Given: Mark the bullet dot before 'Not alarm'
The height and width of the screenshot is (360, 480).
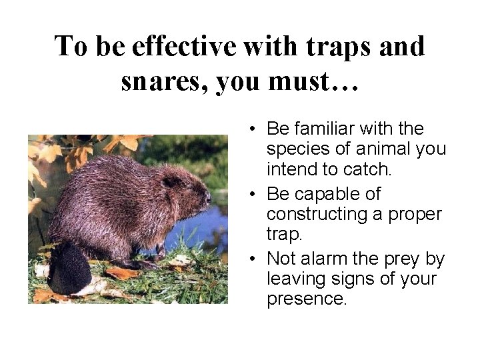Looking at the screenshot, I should pos(255,259).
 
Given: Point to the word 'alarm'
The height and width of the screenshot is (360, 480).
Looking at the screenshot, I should pos(316,259).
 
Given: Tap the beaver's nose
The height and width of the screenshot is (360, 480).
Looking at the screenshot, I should pos(208,198).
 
